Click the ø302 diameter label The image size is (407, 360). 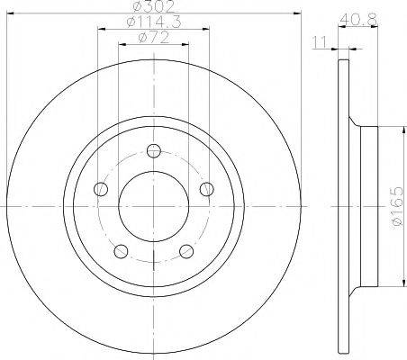pyautogui.click(x=154, y=6)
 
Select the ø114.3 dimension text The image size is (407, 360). pyautogui.click(x=153, y=22)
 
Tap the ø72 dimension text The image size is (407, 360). pyautogui.click(x=153, y=37)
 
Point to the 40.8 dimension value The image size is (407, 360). pyautogui.click(x=358, y=20)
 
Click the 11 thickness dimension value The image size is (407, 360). pyautogui.click(x=321, y=42)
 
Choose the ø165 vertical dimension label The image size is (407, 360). pyautogui.click(x=398, y=208)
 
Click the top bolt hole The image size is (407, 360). pyautogui.click(x=154, y=150)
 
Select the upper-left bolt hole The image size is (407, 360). pyautogui.click(x=101, y=189)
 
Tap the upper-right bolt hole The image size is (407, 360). pyautogui.click(x=207, y=189)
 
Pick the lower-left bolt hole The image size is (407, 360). pyautogui.click(x=122, y=251)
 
